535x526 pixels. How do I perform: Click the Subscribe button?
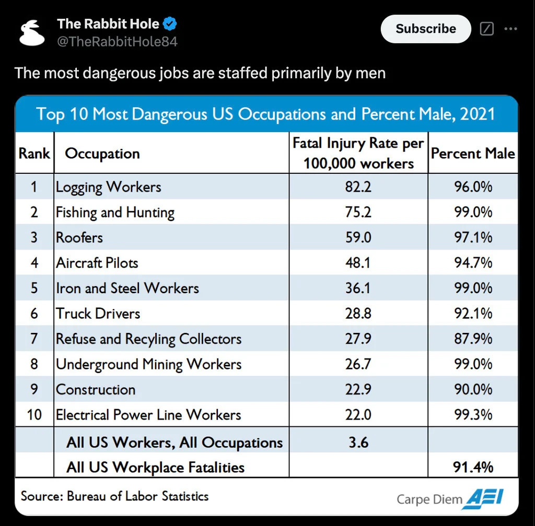[x=426, y=29]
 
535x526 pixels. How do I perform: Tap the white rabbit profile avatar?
[x=32, y=33]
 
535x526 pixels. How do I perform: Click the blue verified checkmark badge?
[x=170, y=23]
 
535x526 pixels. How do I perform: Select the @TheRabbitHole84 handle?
[x=117, y=42]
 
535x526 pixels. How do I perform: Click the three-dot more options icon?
[x=510, y=29]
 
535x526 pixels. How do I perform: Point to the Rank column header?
[x=34, y=153]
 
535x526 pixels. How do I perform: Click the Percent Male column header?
[x=473, y=153]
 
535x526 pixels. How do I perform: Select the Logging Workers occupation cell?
[x=109, y=187]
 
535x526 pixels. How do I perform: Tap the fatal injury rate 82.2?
[x=358, y=187]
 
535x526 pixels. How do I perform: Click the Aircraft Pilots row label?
[x=97, y=262]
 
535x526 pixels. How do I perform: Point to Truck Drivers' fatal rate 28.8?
[x=358, y=313]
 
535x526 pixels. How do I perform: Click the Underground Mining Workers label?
[x=149, y=364]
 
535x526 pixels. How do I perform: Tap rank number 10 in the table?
[x=34, y=415]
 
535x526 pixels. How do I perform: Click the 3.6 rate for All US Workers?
[x=358, y=443]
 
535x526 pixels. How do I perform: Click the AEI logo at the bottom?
[x=485, y=497]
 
